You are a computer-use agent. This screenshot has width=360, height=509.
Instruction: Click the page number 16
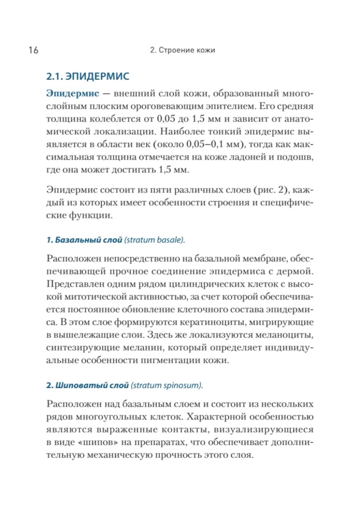tap(33, 50)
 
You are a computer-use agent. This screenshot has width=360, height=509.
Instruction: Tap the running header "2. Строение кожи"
tap(183, 50)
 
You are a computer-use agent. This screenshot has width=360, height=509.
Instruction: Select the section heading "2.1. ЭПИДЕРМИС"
tap(88, 76)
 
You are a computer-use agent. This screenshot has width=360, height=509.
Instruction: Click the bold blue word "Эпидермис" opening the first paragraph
tap(73, 94)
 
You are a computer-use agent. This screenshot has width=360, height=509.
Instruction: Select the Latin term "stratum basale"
tap(154, 240)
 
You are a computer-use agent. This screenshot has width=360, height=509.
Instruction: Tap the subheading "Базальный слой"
tap(88, 240)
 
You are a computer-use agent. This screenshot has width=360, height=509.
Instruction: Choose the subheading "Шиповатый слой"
tap(92, 385)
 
